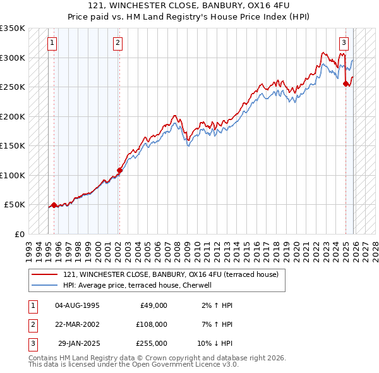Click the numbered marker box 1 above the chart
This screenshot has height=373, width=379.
(51, 43)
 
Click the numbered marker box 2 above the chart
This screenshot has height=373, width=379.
(118, 43)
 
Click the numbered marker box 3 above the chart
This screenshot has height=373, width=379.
(344, 43)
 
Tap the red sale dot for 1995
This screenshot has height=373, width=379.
(54, 205)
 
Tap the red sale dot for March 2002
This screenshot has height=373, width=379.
(119, 170)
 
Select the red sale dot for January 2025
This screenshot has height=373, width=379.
(346, 83)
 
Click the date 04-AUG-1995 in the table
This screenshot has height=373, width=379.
(78, 305)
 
